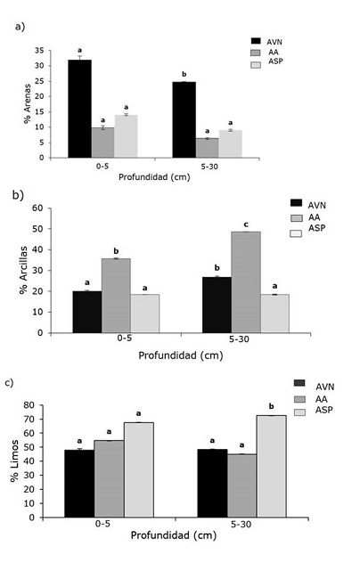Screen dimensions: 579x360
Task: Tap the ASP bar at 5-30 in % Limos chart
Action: [x=271, y=466]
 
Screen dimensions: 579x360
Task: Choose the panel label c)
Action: [x=9, y=383]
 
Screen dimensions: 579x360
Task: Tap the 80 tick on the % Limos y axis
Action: [x=33, y=405]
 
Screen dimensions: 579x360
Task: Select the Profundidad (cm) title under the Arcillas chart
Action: [x=179, y=355]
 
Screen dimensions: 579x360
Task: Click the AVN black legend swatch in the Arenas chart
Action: [x=255, y=41]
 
